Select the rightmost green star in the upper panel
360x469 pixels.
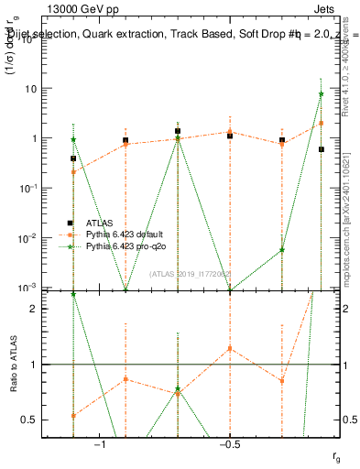pos(321,94)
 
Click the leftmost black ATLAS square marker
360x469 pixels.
pos(73,158)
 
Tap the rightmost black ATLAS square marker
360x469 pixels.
pos(321,148)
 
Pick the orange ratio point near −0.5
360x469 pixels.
pos(230,348)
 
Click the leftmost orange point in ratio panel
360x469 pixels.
pos(73,415)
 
